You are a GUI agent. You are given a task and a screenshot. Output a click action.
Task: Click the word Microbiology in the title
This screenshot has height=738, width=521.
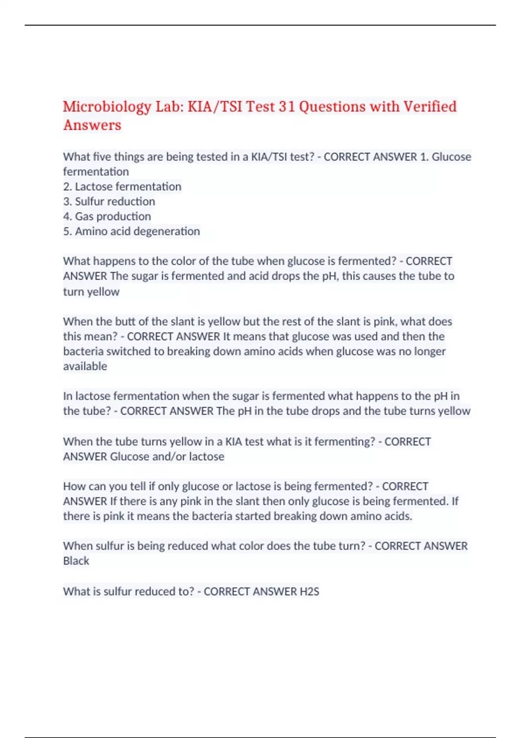pyautogui.click(x=107, y=107)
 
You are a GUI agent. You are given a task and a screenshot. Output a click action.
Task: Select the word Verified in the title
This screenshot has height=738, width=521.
pyautogui.click(x=430, y=106)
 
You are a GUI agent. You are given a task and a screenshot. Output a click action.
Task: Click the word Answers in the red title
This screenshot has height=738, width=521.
pyautogui.click(x=92, y=125)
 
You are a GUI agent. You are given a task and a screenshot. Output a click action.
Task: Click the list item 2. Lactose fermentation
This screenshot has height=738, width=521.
pyautogui.click(x=122, y=187)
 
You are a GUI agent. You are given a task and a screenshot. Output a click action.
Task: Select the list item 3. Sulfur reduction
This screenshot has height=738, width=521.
pyautogui.click(x=109, y=201)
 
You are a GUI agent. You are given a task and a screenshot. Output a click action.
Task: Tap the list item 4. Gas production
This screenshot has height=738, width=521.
pyautogui.click(x=107, y=216)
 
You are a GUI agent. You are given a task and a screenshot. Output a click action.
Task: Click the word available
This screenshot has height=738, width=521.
pyautogui.click(x=85, y=366)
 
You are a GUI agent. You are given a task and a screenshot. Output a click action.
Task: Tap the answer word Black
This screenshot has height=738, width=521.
pyautogui.click(x=76, y=561)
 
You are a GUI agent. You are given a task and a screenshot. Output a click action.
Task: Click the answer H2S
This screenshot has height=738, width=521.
pyautogui.click(x=309, y=591)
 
